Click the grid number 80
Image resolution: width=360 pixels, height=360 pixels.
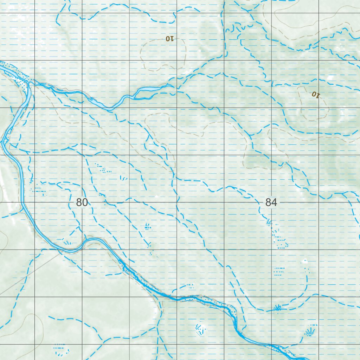point(82,202)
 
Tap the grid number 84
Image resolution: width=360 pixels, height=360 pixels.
point(271,202)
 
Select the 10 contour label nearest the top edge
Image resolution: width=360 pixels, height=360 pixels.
point(169,39)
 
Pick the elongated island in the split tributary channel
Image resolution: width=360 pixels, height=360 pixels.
point(148,90)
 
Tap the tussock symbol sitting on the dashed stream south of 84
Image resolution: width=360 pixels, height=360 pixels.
point(277,308)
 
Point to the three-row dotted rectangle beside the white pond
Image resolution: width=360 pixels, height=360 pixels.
point(279,271)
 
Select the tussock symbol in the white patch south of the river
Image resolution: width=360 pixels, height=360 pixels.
point(200,329)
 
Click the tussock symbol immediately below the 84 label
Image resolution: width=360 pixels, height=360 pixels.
point(269,222)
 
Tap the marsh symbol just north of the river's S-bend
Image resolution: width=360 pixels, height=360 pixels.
point(67,242)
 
